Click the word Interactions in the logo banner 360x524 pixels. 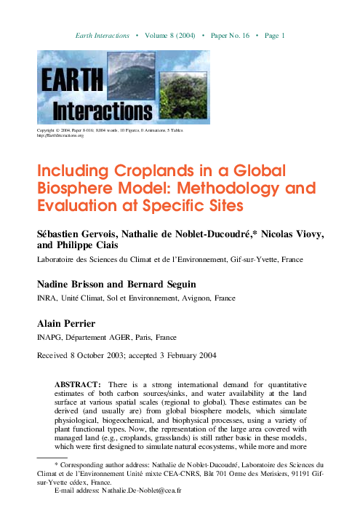tap(104, 110)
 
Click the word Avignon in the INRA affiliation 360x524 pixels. tap(208, 298)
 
